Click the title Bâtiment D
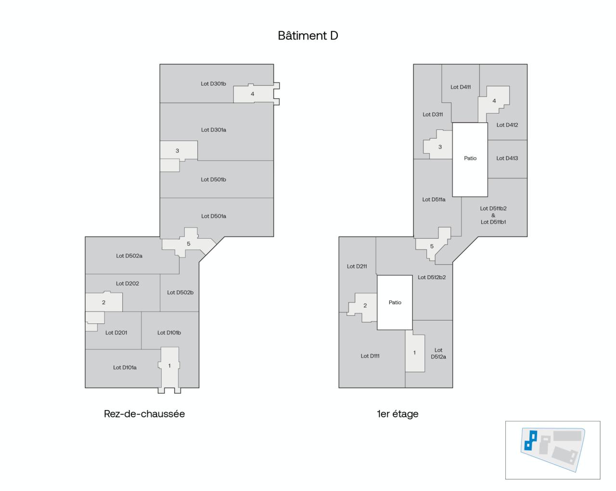(308, 36)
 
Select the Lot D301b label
(213, 84)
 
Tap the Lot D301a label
(213, 130)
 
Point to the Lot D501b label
(213, 180)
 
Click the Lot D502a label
(129, 256)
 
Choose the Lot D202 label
(128, 284)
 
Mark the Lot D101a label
(125, 368)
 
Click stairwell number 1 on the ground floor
(169, 366)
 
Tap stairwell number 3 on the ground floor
(177, 151)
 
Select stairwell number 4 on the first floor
(494, 101)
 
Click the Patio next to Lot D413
(470, 158)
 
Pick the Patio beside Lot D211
(395, 302)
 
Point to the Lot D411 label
(461, 87)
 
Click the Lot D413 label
(507, 158)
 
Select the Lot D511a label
(434, 200)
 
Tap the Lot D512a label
(438, 354)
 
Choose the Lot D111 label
(370, 356)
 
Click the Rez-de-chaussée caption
(144, 414)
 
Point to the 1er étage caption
(398, 414)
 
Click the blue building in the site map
(530, 439)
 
